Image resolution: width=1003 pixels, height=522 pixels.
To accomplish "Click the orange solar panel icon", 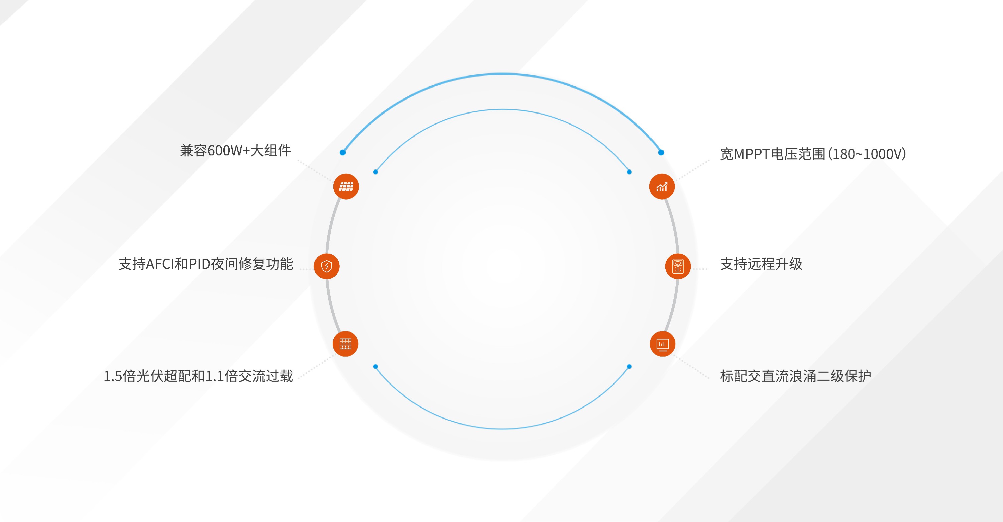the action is [x=346, y=186].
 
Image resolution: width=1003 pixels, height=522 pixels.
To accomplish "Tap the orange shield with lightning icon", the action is [x=326, y=266].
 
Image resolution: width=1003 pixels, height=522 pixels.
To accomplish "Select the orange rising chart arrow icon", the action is [x=662, y=186].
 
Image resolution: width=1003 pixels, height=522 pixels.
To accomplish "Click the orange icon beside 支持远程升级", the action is [x=678, y=266].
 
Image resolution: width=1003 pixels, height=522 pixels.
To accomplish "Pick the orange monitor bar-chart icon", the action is [x=662, y=344].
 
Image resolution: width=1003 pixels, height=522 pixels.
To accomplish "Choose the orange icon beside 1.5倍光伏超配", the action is [x=345, y=344].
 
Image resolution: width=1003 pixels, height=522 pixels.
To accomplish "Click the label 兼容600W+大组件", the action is [x=236, y=151].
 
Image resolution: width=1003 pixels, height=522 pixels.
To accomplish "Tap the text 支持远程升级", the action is [x=761, y=264].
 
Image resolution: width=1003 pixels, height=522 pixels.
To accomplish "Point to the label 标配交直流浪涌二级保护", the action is [x=795, y=376].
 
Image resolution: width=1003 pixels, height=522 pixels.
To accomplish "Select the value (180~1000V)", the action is [x=867, y=154].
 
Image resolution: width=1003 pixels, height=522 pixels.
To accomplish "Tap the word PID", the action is [x=200, y=264].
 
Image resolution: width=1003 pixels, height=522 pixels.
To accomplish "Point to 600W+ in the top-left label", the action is [x=229, y=151].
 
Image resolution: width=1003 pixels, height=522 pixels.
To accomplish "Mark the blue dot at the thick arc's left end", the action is [x=343, y=152].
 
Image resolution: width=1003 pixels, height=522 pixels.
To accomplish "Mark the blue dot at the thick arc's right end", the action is [x=661, y=152].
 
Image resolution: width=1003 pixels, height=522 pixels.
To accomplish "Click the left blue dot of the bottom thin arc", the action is [x=375, y=366].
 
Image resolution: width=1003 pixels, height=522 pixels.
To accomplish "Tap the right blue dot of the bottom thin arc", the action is [x=629, y=366].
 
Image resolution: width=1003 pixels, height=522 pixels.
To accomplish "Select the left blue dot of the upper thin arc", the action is [x=375, y=172].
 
